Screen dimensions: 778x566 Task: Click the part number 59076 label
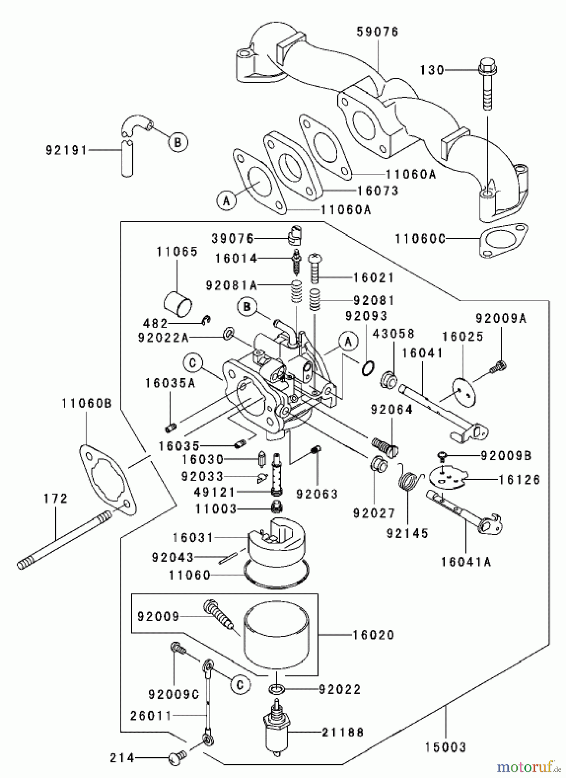[378, 32]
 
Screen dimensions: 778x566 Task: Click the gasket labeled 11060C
[505, 240]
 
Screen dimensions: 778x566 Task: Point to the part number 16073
[378, 191]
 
